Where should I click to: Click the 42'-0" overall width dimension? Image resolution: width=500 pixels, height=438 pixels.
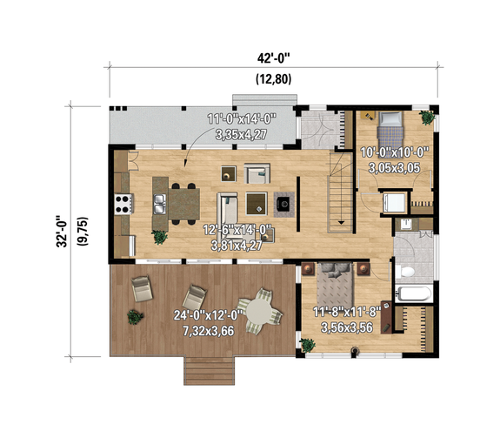coord(273,59)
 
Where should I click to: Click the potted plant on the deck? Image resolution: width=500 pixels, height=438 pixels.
coord(134,314)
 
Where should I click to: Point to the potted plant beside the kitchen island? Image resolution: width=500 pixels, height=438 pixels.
coord(159,235)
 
